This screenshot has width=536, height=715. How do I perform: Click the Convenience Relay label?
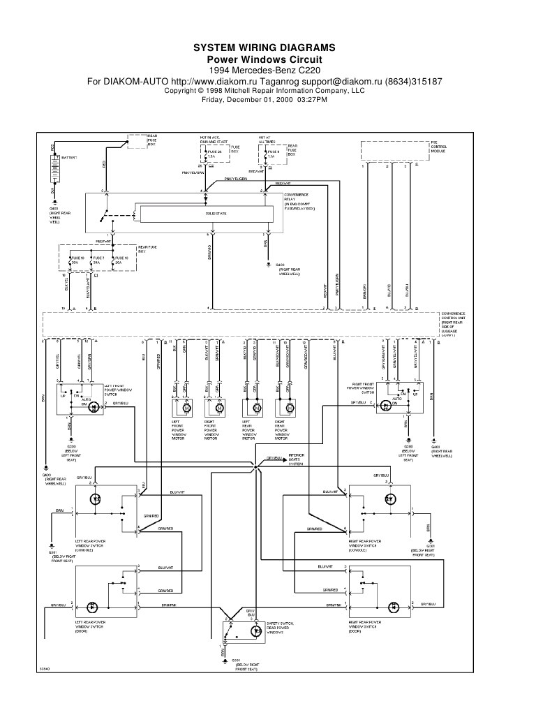299,202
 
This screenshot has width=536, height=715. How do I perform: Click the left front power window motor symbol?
185,406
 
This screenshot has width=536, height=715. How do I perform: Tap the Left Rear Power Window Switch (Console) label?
92,545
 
